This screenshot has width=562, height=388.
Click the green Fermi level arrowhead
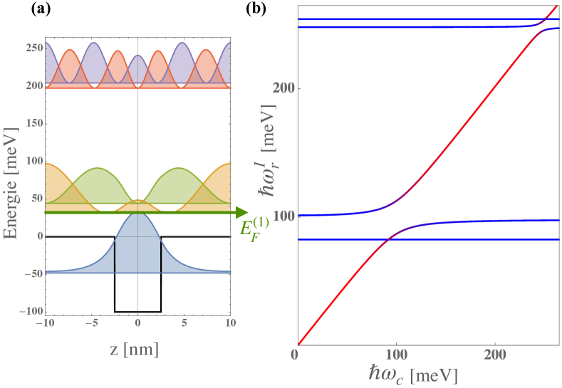click(241, 212)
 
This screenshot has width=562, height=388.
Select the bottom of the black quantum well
click(137, 311)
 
